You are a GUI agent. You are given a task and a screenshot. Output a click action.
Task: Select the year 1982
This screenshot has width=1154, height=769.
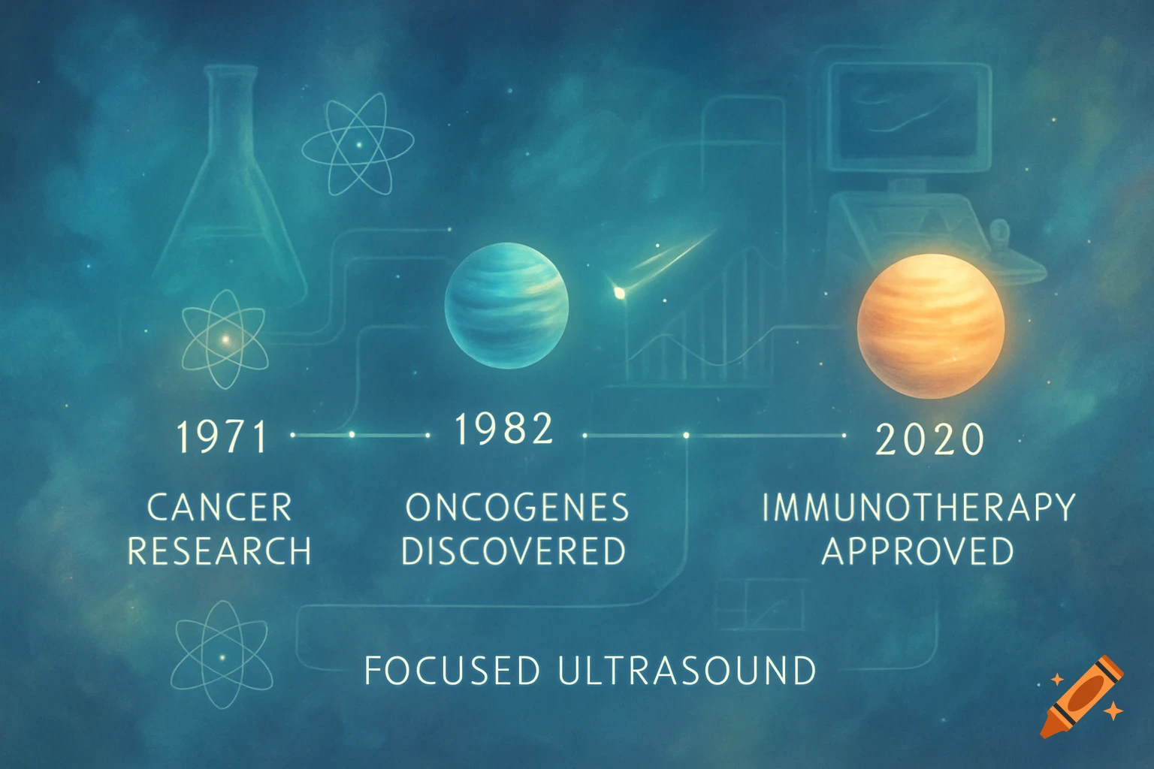pos(504,429)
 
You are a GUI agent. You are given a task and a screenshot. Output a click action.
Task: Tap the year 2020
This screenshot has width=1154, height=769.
pos(930,439)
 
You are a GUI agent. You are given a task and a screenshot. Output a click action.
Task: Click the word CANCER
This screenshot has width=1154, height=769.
pos(219,508)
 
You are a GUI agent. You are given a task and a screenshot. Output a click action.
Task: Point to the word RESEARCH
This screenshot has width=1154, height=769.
pos(219,551)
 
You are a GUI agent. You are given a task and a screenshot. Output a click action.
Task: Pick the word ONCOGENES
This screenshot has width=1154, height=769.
pos(517,508)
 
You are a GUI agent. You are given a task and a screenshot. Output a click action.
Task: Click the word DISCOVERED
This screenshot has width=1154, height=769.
pos(514,551)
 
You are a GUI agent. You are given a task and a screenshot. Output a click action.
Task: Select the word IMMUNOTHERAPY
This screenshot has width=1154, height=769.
pos(918,508)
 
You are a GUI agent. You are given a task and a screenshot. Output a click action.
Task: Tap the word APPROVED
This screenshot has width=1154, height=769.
pos(918,551)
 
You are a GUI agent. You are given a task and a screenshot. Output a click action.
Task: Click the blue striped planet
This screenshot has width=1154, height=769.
pos(506,305)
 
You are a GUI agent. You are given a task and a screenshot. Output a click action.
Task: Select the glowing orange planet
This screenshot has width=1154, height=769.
pos(931,325)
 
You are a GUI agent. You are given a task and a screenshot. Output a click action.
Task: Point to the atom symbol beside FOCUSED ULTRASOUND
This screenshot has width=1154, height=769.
pos(221,655)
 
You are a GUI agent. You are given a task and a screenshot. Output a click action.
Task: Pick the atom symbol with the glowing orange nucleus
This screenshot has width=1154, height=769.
pos(225,339)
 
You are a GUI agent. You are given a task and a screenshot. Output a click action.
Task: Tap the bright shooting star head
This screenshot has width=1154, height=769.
pos(619,293)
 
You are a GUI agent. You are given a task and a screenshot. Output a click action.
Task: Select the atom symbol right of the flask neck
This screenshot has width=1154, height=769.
pos(358,143)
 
